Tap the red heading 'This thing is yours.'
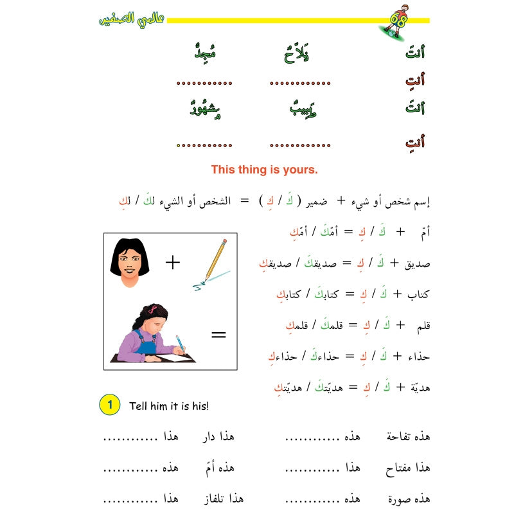click(264, 170)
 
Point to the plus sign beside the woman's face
click(173, 262)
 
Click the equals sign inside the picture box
click(218, 334)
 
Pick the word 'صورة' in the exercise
click(414, 499)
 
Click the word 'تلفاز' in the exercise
click(228, 499)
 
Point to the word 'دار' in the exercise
click(226, 437)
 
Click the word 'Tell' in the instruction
click(139, 405)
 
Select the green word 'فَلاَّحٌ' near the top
click(297, 52)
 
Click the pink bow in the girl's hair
click(154, 307)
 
